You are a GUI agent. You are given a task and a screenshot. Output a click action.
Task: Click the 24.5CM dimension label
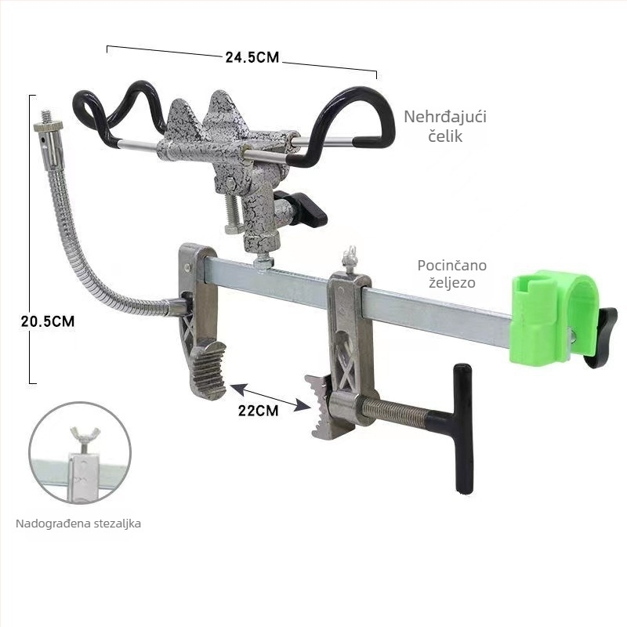[x=252, y=57]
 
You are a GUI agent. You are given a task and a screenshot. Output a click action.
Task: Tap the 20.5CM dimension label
[x=48, y=321]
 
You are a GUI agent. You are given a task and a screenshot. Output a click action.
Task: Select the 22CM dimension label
[x=258, y=410]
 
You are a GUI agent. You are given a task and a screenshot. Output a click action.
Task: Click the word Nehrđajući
[x=445, y=118]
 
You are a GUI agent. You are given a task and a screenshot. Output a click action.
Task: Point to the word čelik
[x=445, y=136]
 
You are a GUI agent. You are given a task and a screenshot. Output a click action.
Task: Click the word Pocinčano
[x=452, y=265]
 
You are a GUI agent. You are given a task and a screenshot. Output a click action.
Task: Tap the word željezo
[x=452, y=283]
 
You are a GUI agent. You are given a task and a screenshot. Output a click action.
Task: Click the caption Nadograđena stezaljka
[x=78, y=524]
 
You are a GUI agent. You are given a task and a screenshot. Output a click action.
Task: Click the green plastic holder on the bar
[x=554, y=317]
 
